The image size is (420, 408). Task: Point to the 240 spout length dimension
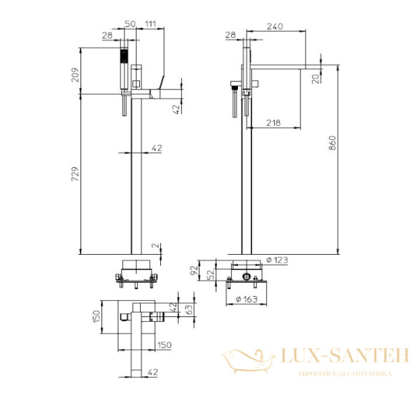click(x=274, y=26)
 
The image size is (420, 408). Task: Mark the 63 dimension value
click(x=187, y=307)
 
